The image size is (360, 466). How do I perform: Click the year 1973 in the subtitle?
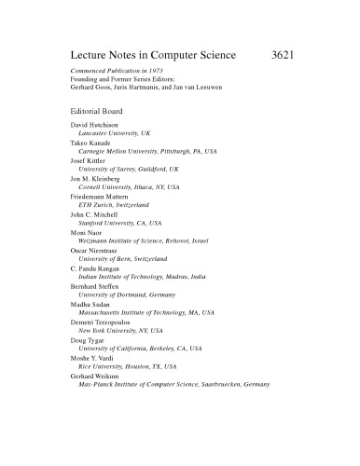[x=149, y=73]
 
